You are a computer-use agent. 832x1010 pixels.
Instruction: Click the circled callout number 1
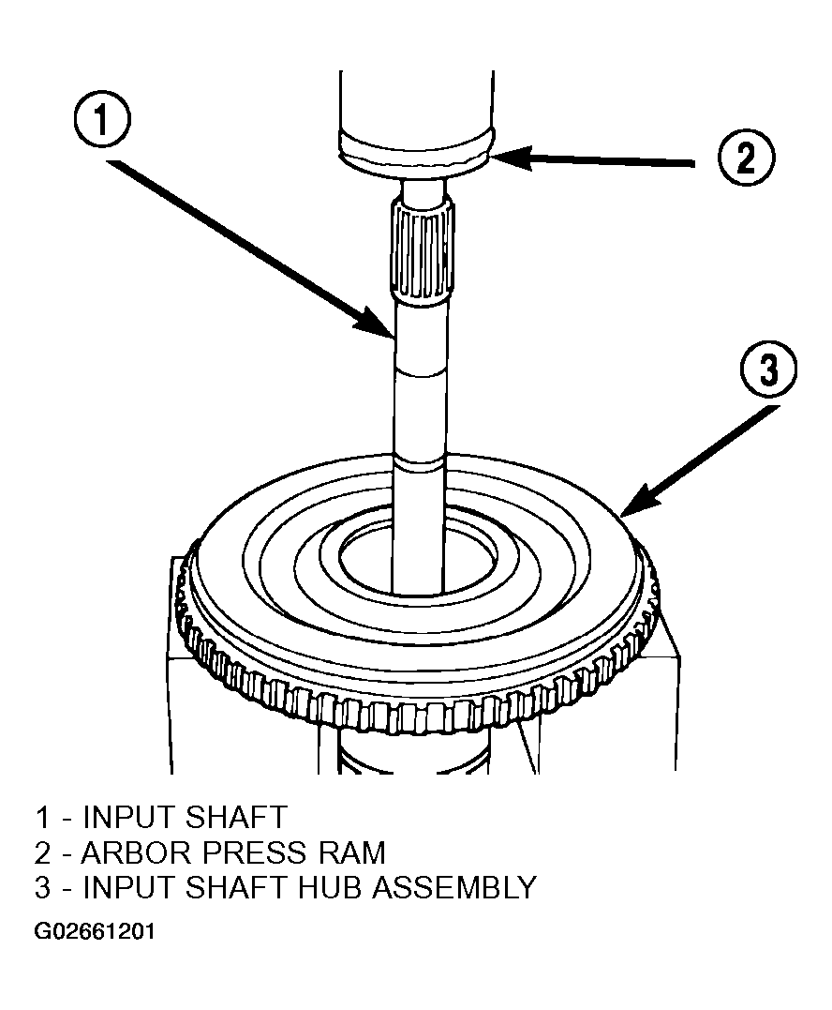102,120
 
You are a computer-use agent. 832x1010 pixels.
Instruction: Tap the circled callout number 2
746,158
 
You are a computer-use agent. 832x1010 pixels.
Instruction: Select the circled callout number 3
769,370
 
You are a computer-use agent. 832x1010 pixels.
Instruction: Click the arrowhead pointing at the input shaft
377,323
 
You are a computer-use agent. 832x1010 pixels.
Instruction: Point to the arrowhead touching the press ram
513,158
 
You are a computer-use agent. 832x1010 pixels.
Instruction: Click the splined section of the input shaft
422,251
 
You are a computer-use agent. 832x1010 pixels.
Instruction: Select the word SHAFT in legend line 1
235,818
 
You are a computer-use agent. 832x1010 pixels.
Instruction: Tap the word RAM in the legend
352,852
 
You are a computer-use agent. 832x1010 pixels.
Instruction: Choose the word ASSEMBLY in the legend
454,887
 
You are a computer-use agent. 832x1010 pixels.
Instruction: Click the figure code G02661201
95,931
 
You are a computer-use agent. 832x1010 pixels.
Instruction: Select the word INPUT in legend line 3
128,887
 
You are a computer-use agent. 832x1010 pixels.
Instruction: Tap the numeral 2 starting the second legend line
42,852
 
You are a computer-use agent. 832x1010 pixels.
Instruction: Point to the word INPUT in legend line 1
128,818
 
